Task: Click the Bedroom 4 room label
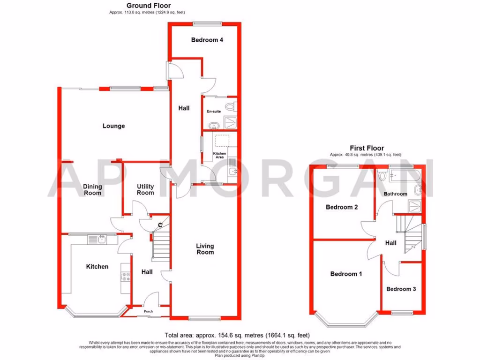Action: (207, 40)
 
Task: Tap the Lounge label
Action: (114, 126)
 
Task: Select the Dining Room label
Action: (92, 190)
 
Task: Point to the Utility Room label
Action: (145, 190)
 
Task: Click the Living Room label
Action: (205, 249)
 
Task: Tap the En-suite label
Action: (214, 112)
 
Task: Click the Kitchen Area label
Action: (219, 156)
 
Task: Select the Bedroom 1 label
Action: (346, 274)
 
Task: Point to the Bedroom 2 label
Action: (342, 207)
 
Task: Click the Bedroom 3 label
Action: (401, 289)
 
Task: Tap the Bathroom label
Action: (395, 194)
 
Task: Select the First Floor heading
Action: (365, 148)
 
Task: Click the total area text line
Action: (237, 335)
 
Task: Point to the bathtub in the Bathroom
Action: (402, 177)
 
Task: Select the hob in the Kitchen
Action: (125, 277)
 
